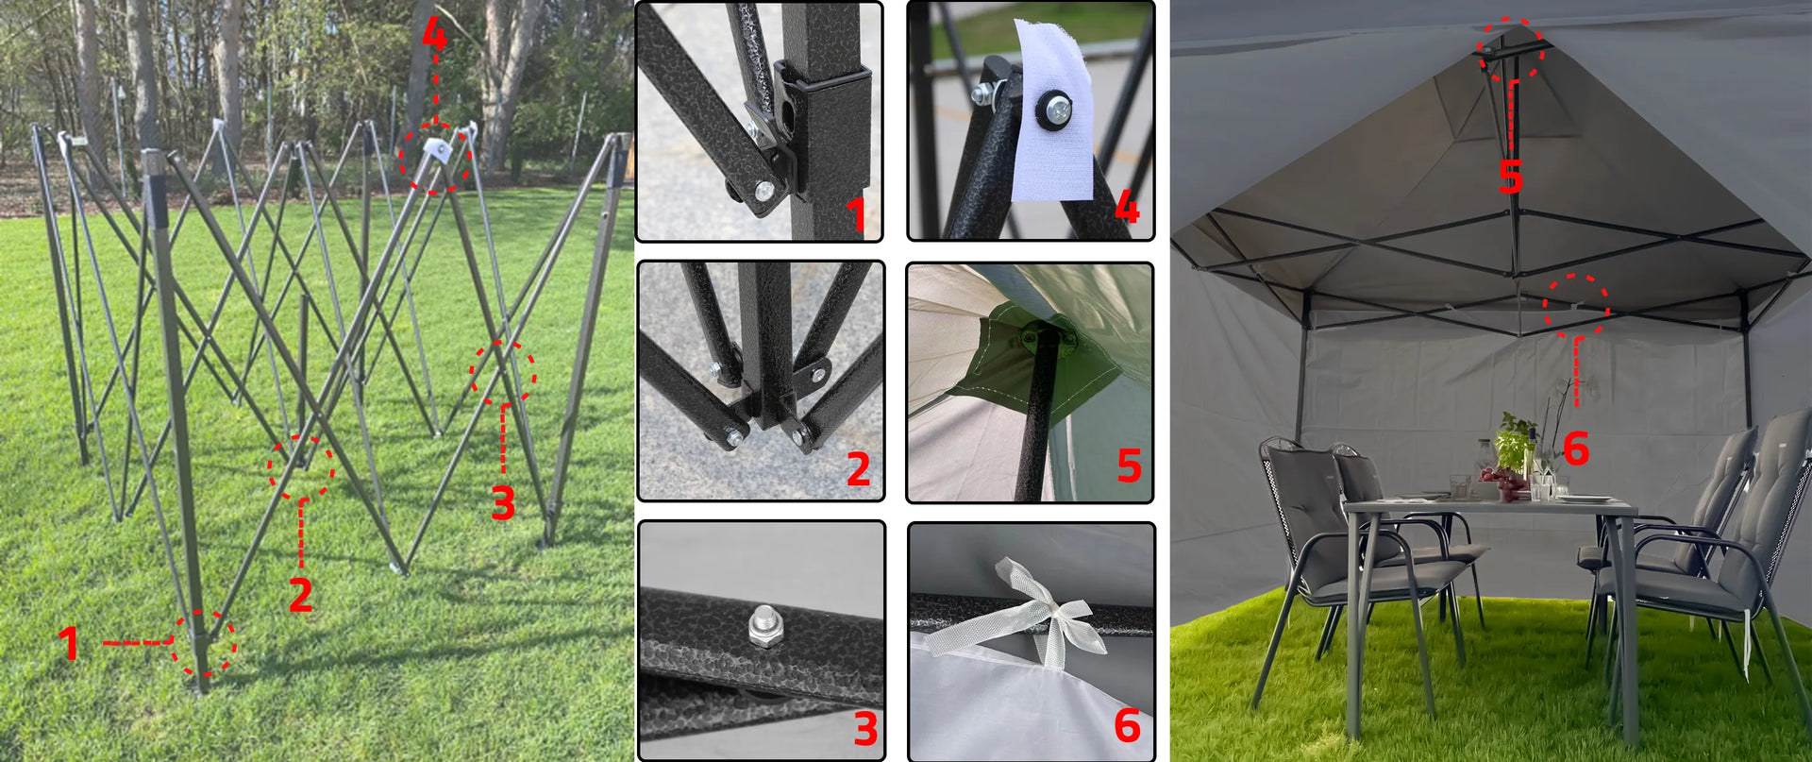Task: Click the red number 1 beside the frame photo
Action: click(68, 643)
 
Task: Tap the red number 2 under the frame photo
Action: click(301, 594)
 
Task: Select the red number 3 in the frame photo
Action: click(503, 502)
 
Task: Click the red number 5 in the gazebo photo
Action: click(1511, 177)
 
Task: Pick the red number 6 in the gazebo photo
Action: click(1576, 448)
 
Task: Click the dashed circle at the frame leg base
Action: click(204, 643)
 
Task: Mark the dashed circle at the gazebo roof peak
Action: click(1510, 49)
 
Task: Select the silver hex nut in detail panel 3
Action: click(762, 626)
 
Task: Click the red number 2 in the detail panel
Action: click(858, 469)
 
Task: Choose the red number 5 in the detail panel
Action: click(1129, 466)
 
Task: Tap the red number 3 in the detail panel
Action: click(865, 729)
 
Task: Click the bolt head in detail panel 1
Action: click(763, 192)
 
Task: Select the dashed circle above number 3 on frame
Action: click(503, 372)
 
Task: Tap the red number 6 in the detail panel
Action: click(1127, 725)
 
